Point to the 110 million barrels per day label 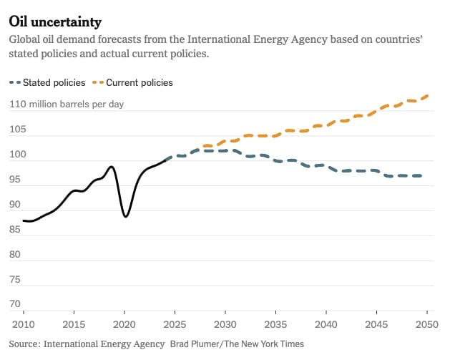67,104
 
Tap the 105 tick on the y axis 17,130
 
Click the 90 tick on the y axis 15,205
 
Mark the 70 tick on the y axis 15,305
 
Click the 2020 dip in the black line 125,215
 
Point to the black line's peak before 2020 112,167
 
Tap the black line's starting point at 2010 24,220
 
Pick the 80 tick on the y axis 15,255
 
